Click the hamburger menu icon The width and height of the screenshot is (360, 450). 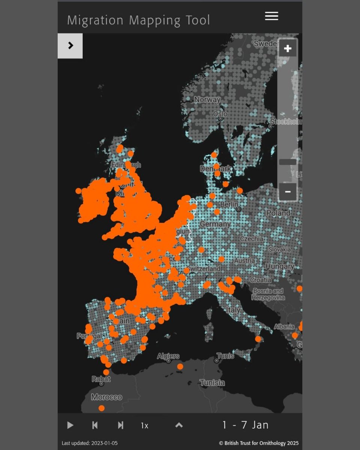click(271, 16)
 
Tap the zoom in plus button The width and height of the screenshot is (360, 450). click(288, 48)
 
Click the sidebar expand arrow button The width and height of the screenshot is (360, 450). click(70, 46)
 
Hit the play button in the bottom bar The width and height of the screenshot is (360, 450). click(70, 425)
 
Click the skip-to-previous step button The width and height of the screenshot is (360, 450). click(95, 425)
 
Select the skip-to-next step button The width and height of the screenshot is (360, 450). click(120, 425)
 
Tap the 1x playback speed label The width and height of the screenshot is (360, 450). click(145, 426)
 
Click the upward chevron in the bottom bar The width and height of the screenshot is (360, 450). click(179, 425)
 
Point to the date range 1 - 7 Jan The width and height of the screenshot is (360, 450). click(245, 425)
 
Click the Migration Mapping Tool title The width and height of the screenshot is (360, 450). click(138, 20)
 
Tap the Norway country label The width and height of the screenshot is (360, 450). click(207, 100)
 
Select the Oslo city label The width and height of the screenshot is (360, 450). click(220, 114)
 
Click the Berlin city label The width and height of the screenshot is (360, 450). click(229, 204)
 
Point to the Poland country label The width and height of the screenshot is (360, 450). click(278, 213)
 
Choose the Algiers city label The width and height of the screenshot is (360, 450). click(168, 356)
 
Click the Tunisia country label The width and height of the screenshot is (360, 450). click(212, 383)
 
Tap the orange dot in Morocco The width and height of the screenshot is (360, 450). click(102, 408)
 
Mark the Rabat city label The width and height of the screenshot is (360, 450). click(101, 379)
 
